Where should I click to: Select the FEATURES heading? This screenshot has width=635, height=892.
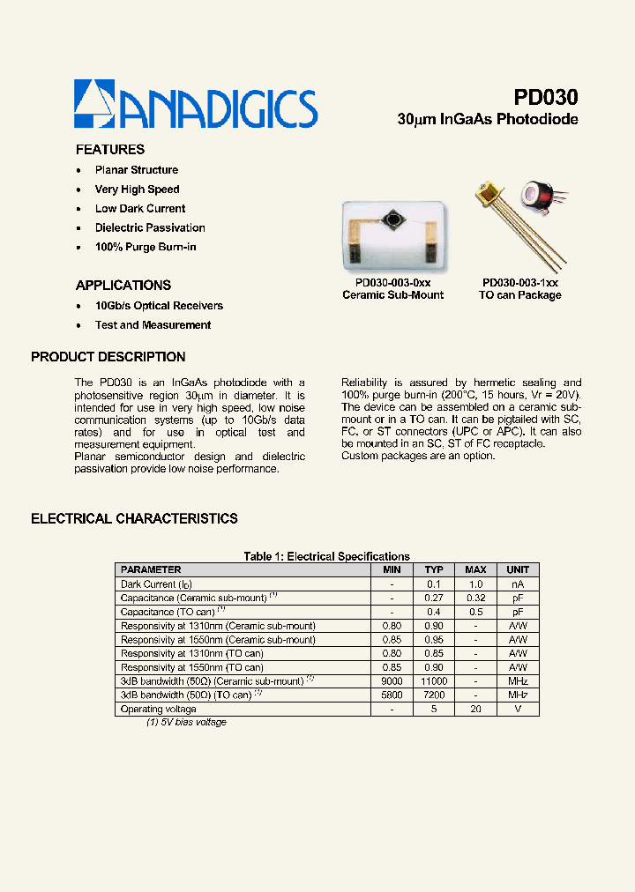110,150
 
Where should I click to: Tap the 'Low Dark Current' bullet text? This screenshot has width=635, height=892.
140,209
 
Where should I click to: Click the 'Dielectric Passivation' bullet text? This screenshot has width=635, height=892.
150,228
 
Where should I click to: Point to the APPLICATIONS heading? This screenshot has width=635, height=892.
123,286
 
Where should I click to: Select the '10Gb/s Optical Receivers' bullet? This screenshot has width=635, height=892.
159,306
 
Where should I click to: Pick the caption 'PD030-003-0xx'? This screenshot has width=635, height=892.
392,283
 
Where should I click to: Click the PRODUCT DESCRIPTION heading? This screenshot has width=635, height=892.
108,357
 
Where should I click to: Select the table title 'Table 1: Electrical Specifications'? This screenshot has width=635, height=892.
326,556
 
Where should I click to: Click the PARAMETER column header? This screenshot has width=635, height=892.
151,569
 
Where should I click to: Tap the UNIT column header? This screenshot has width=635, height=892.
518,569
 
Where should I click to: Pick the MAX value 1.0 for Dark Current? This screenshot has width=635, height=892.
475,584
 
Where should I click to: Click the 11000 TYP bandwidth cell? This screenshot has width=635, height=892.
434,681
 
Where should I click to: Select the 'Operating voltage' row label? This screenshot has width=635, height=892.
159,709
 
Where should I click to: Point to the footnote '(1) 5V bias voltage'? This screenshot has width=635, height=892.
186,723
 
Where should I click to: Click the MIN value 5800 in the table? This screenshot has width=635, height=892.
392,695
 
